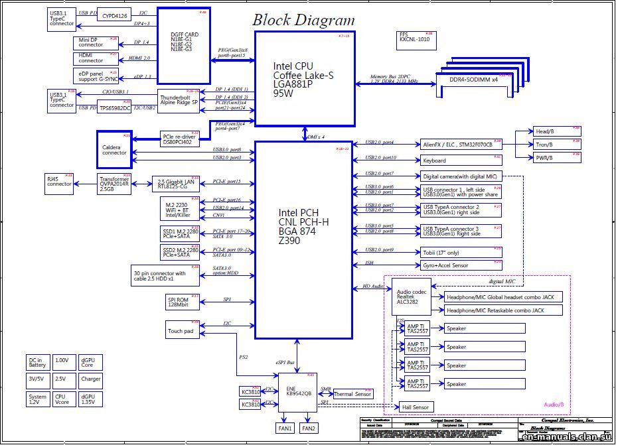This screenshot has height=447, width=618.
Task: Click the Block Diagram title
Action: click(x=303, y=20)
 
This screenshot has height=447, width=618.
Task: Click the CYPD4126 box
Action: click(x=114, y=14)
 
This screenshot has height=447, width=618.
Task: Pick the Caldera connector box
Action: click(x=114, y=149)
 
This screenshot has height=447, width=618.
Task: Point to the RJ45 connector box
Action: click(x=59, y=183)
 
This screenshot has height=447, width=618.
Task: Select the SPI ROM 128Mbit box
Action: click(x=182, y=302)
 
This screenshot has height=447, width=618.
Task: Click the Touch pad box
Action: click(x=182, y=330)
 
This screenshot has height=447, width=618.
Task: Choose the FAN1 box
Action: click(x=285, y=428)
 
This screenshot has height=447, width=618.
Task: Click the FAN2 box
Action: click(x=309, y=428)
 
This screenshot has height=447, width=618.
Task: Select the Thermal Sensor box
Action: click(x=353, y=394)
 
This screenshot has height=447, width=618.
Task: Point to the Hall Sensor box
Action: click(x=415, y=407)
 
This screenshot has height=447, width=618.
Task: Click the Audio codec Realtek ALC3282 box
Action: click(x=411, y=296)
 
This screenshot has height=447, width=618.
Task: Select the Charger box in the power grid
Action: click(x=90, y=379)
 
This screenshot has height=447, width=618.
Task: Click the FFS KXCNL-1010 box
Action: click(x=415, y=38)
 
